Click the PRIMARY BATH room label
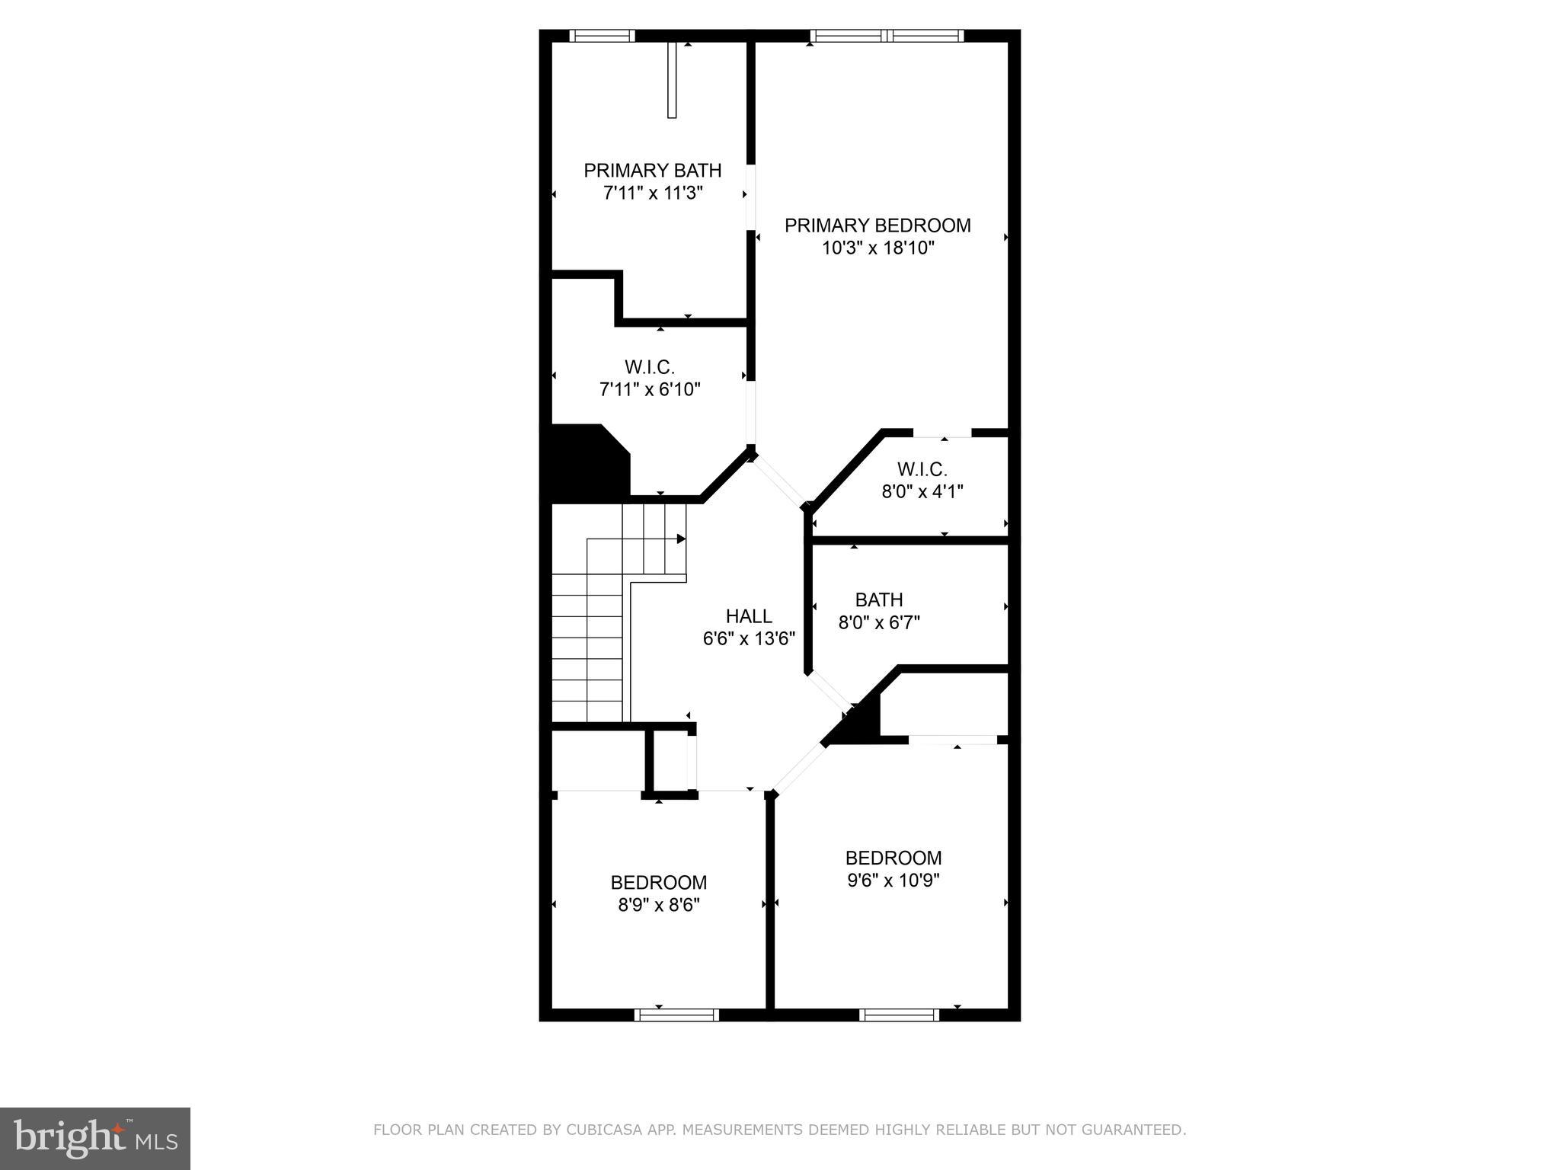point(652,170)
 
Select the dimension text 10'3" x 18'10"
point(877,248)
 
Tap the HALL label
point(749,615)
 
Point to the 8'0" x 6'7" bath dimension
point(879,622)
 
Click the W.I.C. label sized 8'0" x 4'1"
point(922,469)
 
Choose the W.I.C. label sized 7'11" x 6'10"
point(650,367)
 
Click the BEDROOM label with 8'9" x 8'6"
point(658,882)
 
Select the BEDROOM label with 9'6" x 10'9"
point(893,858)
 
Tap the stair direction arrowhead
point(681,539)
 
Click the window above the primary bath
point(602,35)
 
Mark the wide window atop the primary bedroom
point(887,35)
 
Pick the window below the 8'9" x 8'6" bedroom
point(676,1015)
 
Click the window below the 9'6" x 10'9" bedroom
point(899,1015)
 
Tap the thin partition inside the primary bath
point(672,80)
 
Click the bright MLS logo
point(94,1138)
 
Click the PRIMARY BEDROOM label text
point(877,225)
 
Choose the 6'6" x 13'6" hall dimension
point(749,638)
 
